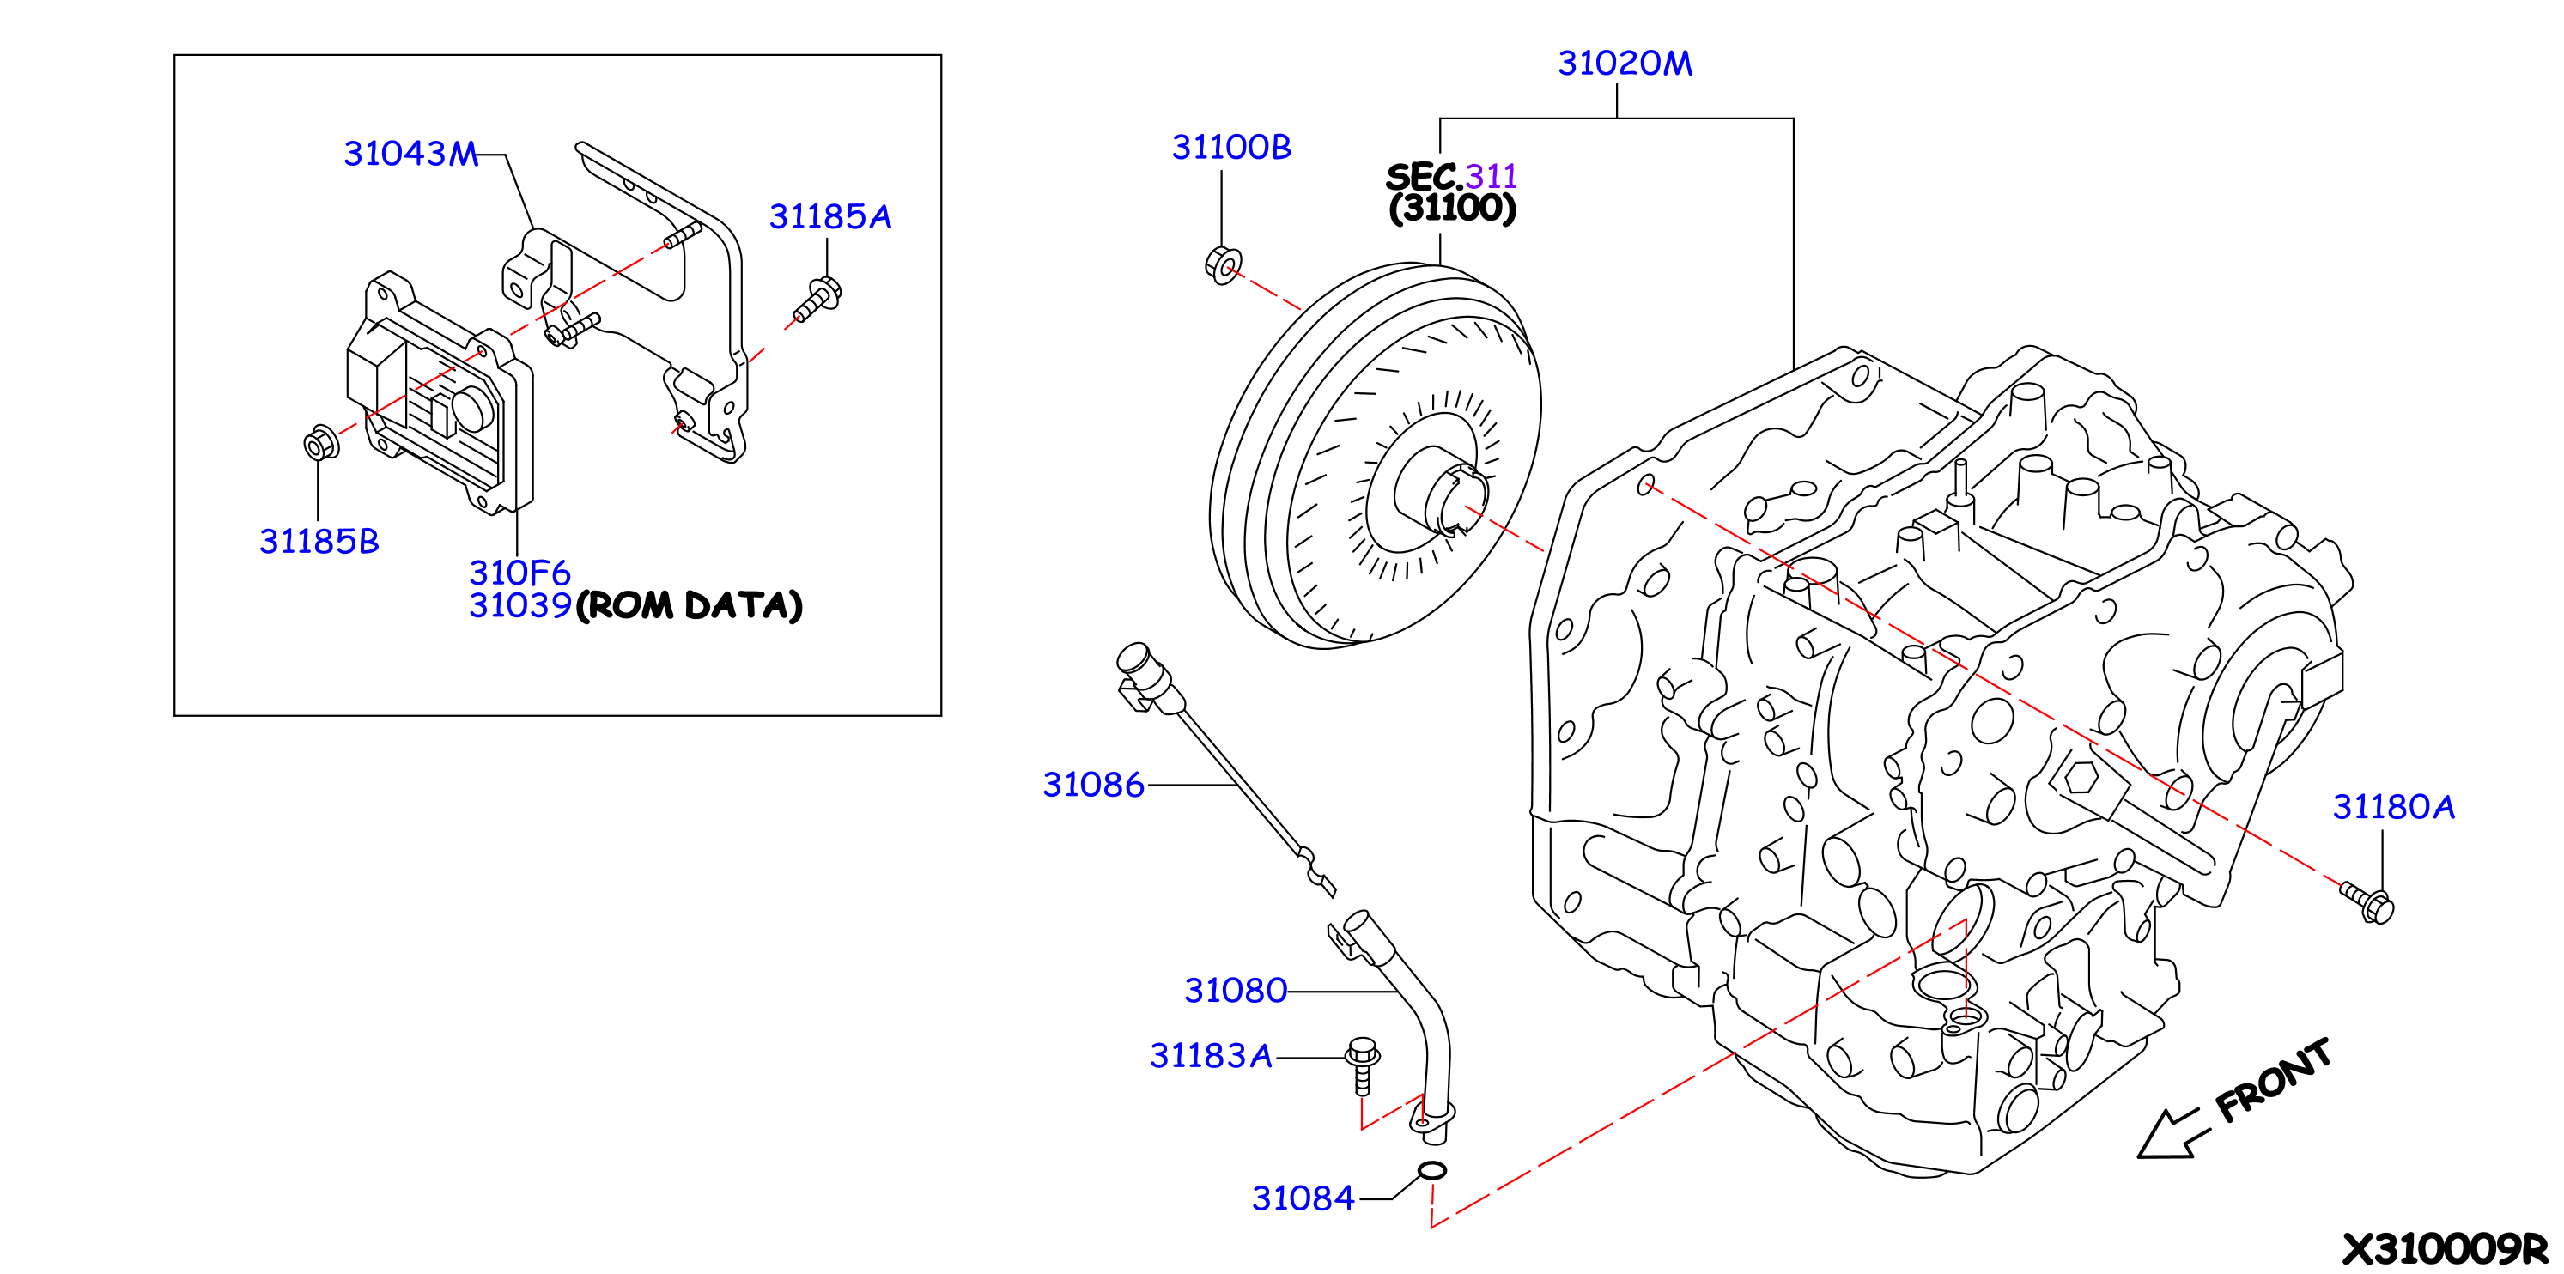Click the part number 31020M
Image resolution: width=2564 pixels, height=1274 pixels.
pyautogui.click(x=1625, y=64)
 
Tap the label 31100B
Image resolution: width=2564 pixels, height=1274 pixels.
pyautogui.click(x=1231, y=148)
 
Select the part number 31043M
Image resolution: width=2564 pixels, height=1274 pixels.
pyautogui.click(x=411, y=154)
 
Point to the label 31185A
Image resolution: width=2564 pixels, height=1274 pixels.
pyautogui.click(x=830, y=216)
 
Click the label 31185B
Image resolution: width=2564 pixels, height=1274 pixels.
pyautogui.click(x=319, y=542)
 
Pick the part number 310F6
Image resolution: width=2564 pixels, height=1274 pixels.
pyautogui.click(x=519, y=573)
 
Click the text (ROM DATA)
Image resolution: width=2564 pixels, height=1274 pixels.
pyautogui.click(x=689, y=605)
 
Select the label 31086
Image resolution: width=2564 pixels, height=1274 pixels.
pyautogui.click(x=1093, y=785)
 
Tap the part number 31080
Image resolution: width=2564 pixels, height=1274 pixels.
pyautogui.click(x=1236, y=991)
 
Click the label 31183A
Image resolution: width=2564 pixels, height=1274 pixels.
pyautogui.click(x=1211, y=1055)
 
